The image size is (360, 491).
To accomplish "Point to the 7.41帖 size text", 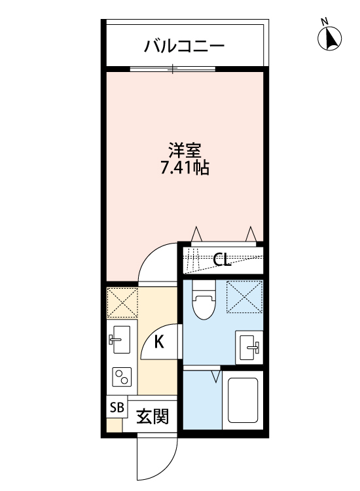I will [x=185, y=168].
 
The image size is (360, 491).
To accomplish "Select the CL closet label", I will [x=223, y=261].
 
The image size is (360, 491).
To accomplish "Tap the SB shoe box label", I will [x=117, y=407].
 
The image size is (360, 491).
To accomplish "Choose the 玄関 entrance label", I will [x=153, y=417].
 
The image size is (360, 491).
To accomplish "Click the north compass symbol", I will [x=331, y=39].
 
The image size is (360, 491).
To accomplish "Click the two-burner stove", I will [x=122, y=377].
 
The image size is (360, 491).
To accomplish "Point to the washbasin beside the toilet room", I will [x=249, y=345].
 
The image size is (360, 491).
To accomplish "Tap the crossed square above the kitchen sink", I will [x=122, y=302].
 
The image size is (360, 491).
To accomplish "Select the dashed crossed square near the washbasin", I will [x=243, y=295].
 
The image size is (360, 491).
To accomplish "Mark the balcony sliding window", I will [x=172, y=68].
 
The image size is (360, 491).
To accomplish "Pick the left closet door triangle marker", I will [x=196, y=234].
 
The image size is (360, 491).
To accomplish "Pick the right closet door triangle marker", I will [x=250, y=234].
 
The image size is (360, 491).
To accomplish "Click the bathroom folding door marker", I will [x=216, y=377].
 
